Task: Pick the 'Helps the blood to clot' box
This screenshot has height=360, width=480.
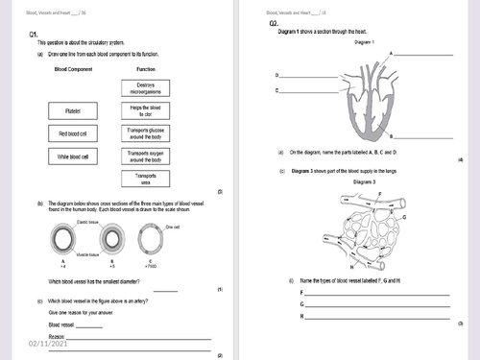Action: point(147,111)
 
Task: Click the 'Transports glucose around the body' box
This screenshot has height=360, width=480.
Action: point(147,133)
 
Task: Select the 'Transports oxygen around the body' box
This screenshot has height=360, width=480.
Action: point(147,156)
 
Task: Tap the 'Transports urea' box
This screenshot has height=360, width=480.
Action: point(147,179)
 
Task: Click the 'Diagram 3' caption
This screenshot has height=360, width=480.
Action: point(364,181)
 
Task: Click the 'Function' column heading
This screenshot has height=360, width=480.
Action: point(147,70)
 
